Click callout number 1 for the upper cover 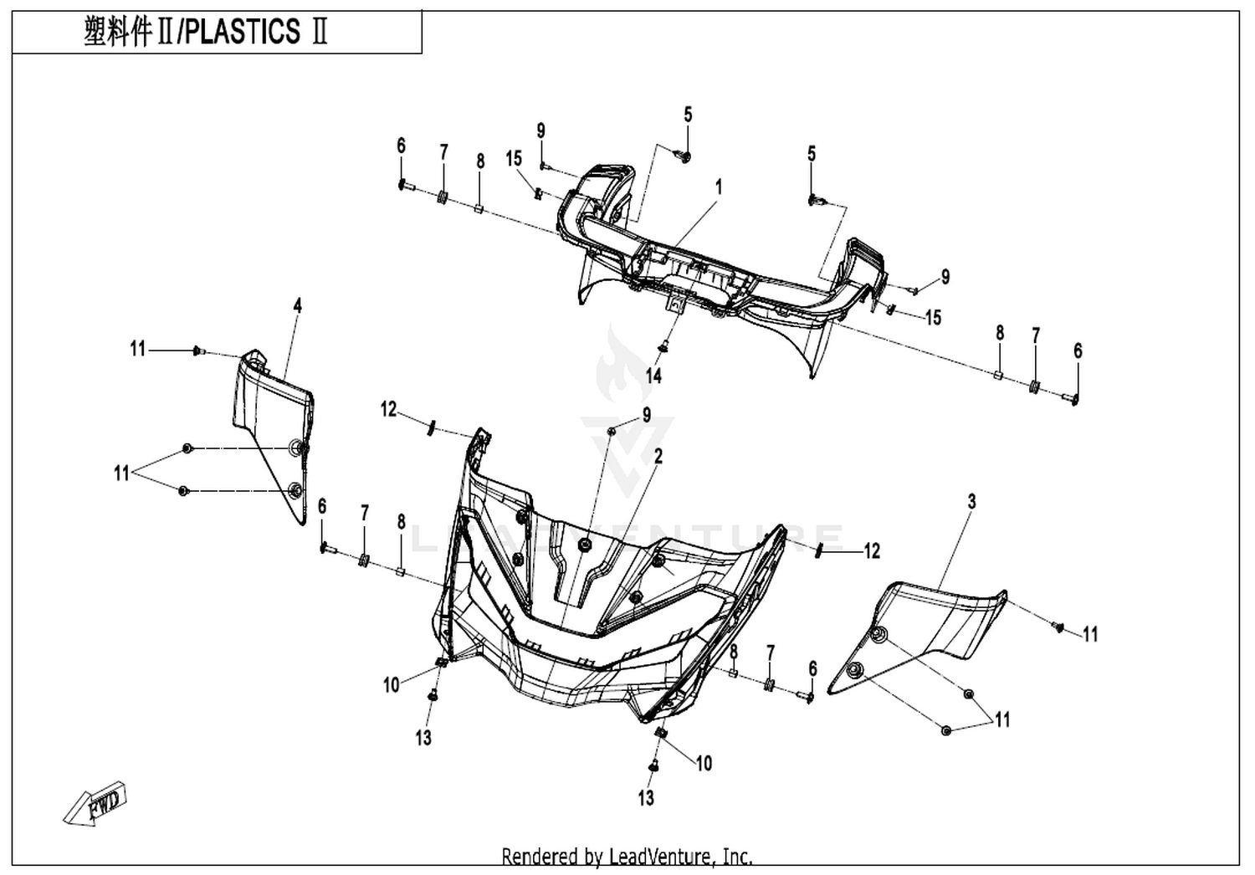[x=719, y=187]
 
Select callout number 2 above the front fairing [x=658, y=456]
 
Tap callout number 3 [x=971, y=501]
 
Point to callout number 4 [x=298, y=305]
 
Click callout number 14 [x=653, y=376]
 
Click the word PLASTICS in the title [x=242, y=32]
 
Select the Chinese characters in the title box [x=118, y=32]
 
